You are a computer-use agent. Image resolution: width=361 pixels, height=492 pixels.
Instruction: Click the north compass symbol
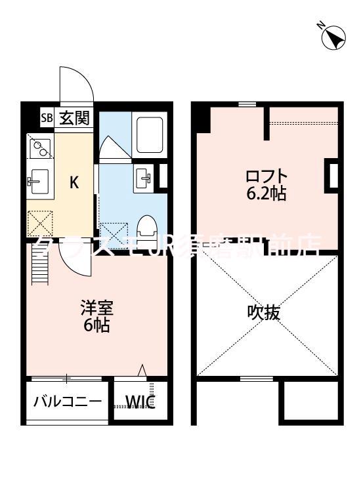333,37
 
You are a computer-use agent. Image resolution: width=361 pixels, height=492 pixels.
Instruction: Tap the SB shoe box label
46,119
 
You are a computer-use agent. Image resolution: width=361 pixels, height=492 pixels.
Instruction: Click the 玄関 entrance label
74,119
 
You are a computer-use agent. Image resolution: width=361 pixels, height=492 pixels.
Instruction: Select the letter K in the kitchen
75,182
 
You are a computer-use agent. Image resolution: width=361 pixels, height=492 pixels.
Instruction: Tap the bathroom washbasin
144,176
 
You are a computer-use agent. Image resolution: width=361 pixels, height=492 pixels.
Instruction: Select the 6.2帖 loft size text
266,194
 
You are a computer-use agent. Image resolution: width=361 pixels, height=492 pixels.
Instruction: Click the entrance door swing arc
74,82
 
